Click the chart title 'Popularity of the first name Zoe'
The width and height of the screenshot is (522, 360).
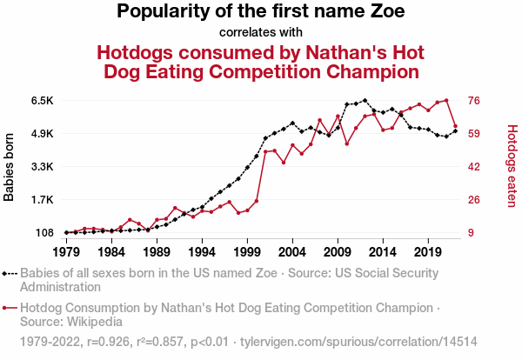click(x=261, y=12)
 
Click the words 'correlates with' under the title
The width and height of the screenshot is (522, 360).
click(x=261, y=33)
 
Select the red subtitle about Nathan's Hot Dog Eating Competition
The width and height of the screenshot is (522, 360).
click(x=261, y=61)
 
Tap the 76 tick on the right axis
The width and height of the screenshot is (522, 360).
click(x=475, y=101)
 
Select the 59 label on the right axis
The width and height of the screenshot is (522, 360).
click(x=475, y=134)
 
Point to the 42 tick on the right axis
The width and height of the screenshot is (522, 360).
click(x=475, y=167)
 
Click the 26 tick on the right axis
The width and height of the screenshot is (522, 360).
click(x=475, y=200)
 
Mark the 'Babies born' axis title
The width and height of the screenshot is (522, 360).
click(x=10, y=167)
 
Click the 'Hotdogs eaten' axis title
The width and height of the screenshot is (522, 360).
click(x=512, y=167)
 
